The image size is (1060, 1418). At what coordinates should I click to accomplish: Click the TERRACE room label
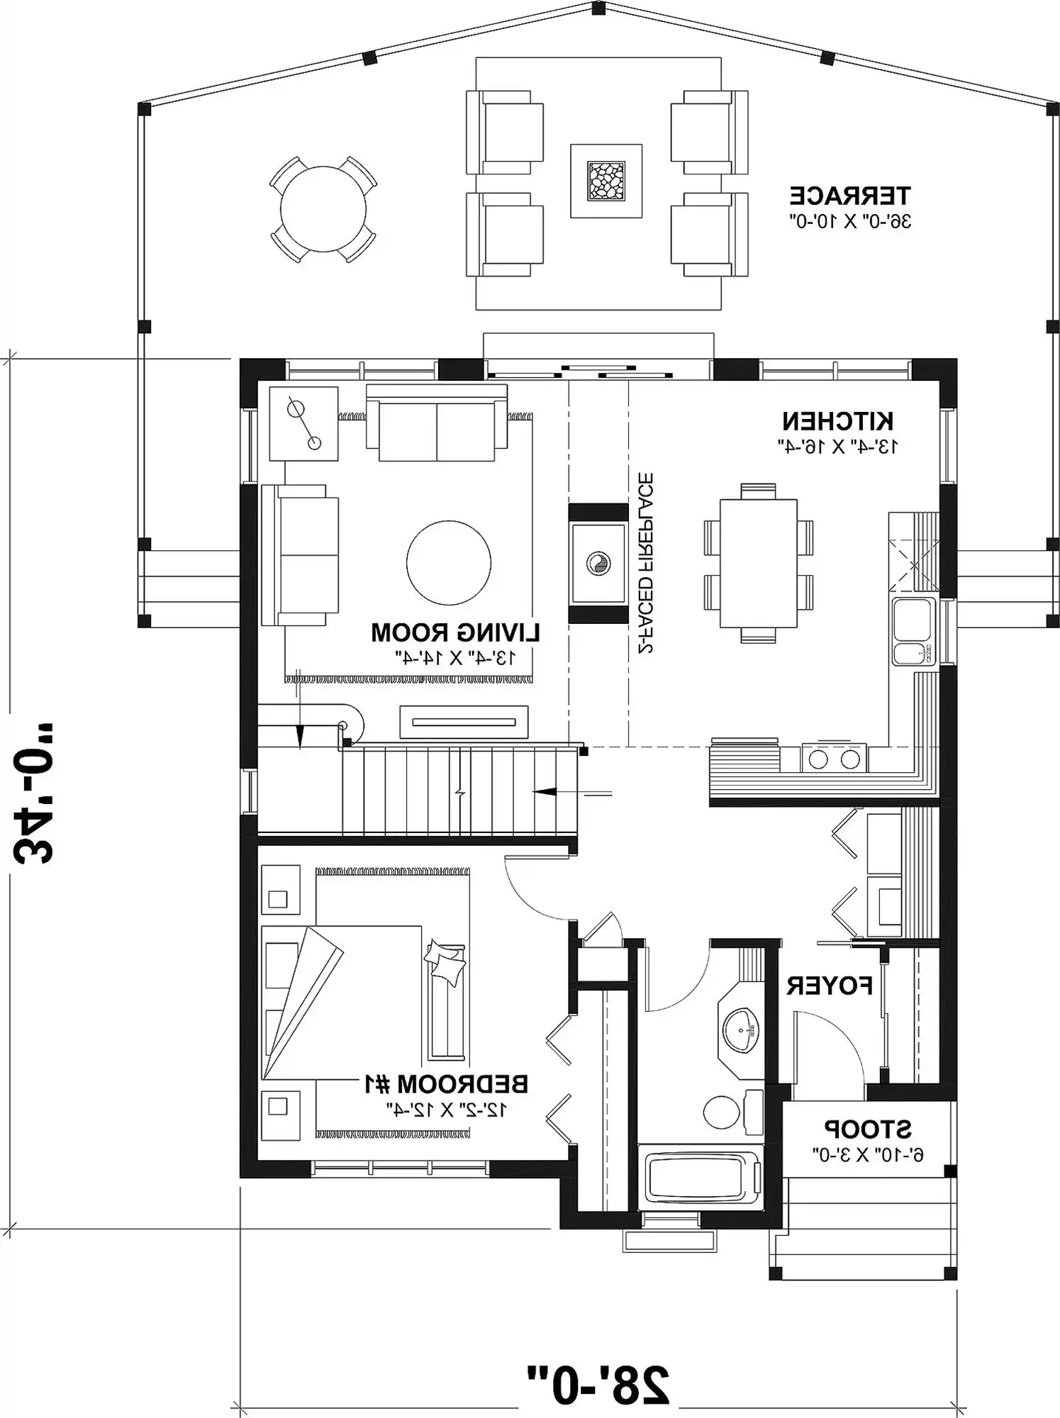pyautogui.click(x=850, y=194)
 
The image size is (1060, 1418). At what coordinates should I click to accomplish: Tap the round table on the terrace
pyautogui.click(x=323, y=210)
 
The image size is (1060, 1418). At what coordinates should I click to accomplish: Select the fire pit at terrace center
pyautogui.click(x=606, y=181)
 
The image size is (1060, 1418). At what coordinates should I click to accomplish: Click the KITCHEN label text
pyautogui.click(x=837, y=421)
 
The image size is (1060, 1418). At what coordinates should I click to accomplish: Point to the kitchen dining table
pyautogui.click(x=758, y=563)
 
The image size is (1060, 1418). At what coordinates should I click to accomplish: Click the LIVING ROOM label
pyautogui.click(x=455, y=632)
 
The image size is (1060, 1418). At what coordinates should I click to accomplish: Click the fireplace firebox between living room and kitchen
pyautogui.click(x=598, y=563)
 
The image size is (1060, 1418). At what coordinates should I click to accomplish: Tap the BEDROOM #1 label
pyautogui.click(x=446, y=1084)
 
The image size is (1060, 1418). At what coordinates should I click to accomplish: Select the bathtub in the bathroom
pyautogui.click(x=701, y=1180)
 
